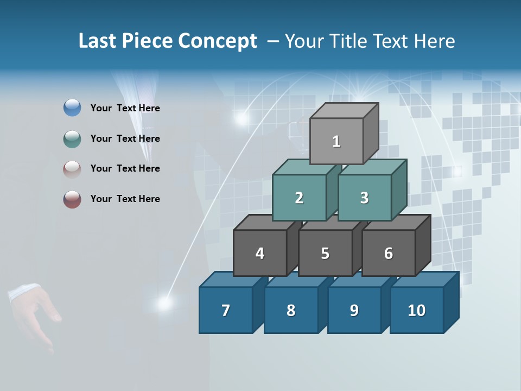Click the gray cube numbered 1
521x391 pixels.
point(336,141)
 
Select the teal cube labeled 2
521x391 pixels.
point(299,198)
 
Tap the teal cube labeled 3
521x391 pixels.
point(364,198)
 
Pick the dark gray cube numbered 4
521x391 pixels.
point(260,253)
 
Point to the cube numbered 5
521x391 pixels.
point(325,253)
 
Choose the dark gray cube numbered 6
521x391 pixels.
point(389,253)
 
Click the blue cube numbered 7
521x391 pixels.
point(226,310)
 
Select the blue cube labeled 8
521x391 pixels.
point(291,310)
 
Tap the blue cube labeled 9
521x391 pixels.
point(354,310)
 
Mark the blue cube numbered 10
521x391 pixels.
point(416,310)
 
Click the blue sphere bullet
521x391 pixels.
point(72,108)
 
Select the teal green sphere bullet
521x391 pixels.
point(72,138)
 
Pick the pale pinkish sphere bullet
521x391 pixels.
point(72,169)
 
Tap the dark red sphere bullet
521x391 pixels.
point(72,199)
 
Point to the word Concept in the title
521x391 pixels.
point(218,41)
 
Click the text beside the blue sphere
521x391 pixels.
point(125,108)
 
